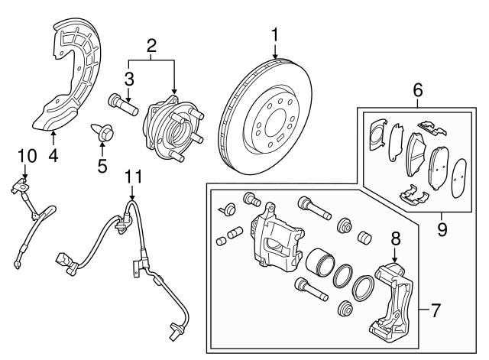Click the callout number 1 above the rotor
tap(274, 35)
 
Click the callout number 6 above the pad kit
tap(417, 89)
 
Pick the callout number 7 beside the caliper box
tap(436, 311)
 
